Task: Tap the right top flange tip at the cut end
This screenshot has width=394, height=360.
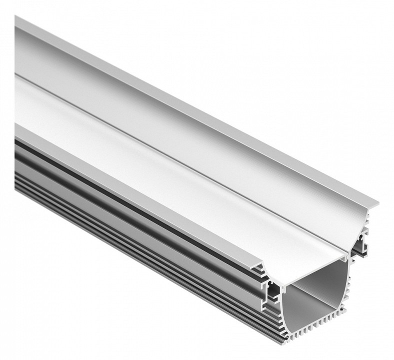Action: [x=376, y=204]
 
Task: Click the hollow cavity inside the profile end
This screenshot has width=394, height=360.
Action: [x=320, y=295]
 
